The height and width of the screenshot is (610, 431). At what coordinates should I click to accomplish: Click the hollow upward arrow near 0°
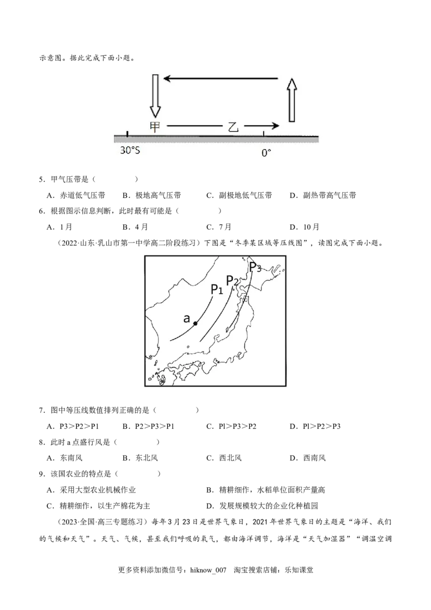tap(291, 100)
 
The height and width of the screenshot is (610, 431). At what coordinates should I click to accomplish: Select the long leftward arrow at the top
tap(221, 79)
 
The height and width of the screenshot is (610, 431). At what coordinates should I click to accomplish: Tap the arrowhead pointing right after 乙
tap(275, 126)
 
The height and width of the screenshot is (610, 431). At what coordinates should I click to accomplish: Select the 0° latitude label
tap(266, 153)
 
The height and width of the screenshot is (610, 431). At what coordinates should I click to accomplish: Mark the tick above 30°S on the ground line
tap(127, 134)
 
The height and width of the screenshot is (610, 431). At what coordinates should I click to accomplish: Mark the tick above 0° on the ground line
tap(263, 134)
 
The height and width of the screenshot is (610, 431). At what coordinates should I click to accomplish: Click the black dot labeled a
tap(195, 323)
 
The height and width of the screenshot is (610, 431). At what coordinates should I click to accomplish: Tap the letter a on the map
tap(186, 318)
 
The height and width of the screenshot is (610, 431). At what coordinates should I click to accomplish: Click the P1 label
tap(217, 289)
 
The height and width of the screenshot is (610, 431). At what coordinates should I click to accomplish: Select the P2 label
tap(233, 281)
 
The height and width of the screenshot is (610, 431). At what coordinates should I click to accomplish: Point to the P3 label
tap(255, 267)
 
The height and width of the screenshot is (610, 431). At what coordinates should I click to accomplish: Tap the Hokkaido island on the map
tap(269, 272)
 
